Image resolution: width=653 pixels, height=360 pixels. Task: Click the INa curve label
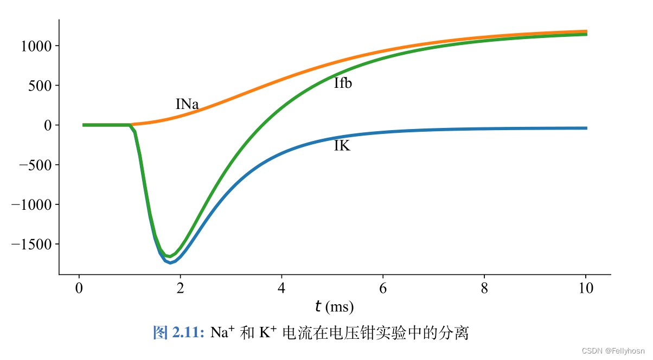pos(187,104)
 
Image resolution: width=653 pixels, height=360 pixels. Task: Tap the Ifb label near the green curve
pos(343,83)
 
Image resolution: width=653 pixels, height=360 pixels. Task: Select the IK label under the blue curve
pos(342,145)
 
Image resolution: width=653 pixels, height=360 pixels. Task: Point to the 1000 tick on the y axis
pos(36,46)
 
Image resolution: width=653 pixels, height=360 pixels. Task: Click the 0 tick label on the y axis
pos(48,125)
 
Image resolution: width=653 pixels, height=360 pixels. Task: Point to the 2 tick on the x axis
pos(181,288)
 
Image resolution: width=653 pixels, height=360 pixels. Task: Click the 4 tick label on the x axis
pos(282,288)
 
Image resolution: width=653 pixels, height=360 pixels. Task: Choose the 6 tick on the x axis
pos(383,288)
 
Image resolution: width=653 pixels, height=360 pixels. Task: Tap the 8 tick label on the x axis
pos(485,288)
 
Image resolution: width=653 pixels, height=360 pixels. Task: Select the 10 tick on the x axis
pos(586,288)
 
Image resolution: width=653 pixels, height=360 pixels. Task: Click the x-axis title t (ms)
pos(334,307)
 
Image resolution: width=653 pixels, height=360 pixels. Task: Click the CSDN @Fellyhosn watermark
pos(613,351)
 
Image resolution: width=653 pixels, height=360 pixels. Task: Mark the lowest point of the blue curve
pos(170,263)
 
